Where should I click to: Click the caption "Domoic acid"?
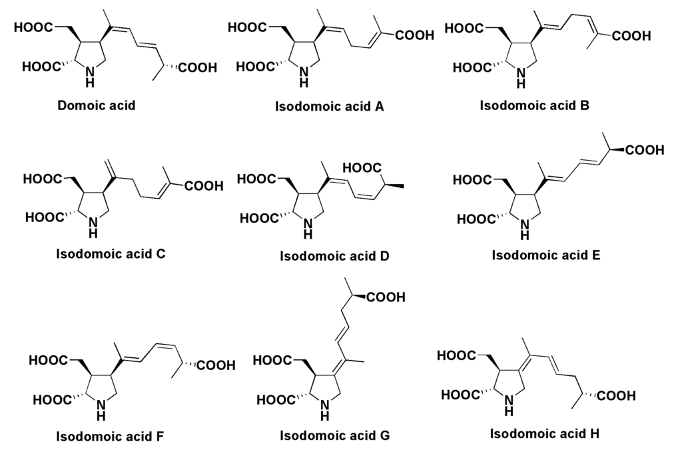96,105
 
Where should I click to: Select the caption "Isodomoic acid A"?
321,107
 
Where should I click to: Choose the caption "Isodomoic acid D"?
325,256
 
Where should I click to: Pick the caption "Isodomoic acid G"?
334,437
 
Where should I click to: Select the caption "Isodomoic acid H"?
545,434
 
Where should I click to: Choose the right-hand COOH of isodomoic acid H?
616,396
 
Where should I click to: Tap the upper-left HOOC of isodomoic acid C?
45,179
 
